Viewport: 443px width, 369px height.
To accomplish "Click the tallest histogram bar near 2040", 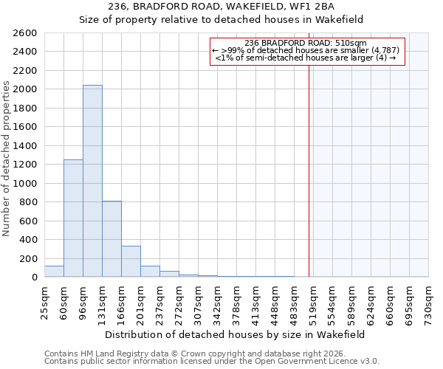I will click(92, 181).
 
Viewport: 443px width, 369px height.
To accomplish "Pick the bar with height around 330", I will click(131, 261).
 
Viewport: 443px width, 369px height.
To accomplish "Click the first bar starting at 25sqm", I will click(54, 272).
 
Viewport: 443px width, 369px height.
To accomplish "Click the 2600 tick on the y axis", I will click(24, 33).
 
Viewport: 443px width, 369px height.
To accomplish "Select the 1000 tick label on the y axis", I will click(24, 183).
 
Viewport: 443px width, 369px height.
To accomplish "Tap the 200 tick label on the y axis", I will click(27, 258).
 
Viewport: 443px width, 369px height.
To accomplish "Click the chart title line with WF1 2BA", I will click(221, 7).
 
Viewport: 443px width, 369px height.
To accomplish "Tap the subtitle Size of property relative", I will click(221, 20).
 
